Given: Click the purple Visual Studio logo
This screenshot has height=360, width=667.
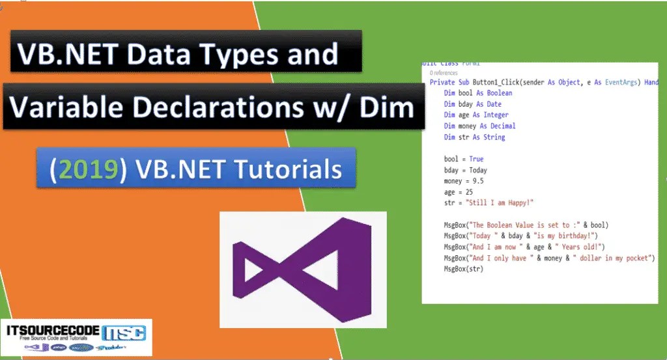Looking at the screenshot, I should tap(302, 269).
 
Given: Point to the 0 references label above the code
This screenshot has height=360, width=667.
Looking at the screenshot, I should tap(444, 74).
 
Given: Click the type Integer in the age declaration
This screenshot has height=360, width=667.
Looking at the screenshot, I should tap(496, 115).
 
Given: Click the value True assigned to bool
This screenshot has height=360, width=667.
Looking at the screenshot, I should tap(475, 159).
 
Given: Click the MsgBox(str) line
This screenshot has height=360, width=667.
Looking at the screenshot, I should tap(464, 269).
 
